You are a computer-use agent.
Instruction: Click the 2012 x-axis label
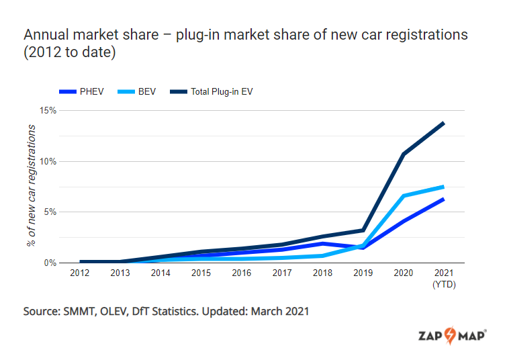click(x=79, y=273)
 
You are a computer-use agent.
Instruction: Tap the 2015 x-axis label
click(x=201, y=273)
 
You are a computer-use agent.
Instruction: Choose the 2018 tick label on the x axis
click(x=322, y=273)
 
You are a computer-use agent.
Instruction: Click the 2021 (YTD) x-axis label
click(x=444, y=278)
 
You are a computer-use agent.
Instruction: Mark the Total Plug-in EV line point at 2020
click(x=403, y=154)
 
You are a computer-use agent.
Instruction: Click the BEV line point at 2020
click(x=403, y=195)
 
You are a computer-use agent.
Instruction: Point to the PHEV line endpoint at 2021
click(x=443, y=199)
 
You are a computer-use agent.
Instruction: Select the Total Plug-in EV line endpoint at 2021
click(x=443, y=123)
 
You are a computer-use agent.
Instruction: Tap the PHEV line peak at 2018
click(x=322, y=243)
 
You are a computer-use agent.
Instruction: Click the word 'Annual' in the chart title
click(x=45, y=34)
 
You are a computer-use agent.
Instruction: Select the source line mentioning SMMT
click(x=166, y=312)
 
